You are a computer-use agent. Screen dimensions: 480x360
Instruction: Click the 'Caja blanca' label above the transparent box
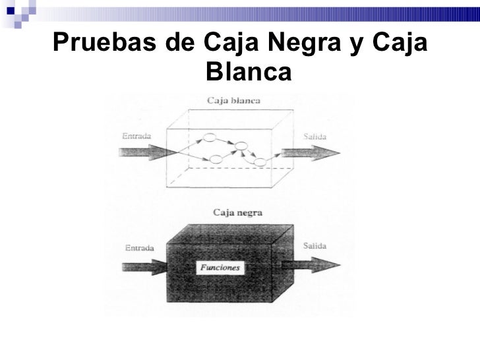234,102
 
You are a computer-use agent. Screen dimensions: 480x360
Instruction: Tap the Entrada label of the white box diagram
136,135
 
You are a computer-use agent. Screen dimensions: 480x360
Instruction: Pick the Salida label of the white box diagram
315,136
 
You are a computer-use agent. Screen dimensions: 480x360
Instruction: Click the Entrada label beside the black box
138,248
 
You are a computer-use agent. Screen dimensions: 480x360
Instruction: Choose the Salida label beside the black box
315,246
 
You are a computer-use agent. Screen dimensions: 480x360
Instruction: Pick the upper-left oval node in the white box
210,137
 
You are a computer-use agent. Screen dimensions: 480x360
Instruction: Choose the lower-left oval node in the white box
215,159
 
